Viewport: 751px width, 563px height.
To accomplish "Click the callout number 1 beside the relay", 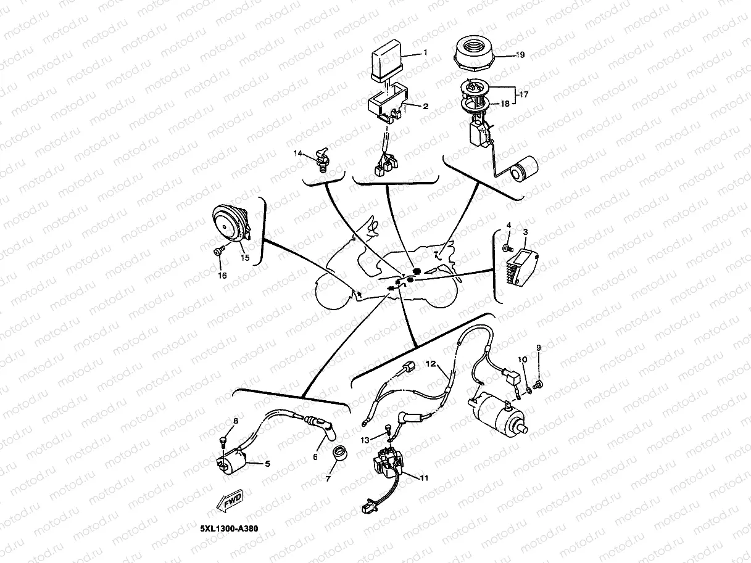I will point(425,53).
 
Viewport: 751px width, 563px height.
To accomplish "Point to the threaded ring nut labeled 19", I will point(476,53).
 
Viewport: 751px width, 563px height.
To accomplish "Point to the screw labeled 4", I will point(506,248).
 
